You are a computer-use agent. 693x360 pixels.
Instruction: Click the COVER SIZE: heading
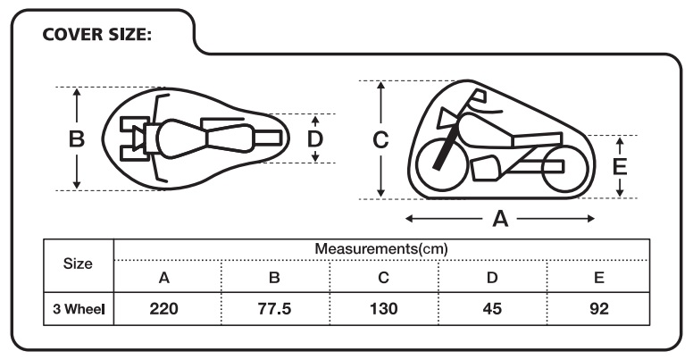pyautogui.click(x=97, y=35)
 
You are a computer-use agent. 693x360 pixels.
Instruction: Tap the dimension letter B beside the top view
pyautogui.click(x=77, y=139)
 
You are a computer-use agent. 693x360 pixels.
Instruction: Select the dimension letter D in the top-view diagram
pyautogui.click(x=315, y=139)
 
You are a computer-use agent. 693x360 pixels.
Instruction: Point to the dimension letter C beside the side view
pyautogui.click(x=380, y=139)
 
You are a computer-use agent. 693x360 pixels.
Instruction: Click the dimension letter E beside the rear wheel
pyautogui.click(x=622, y=166)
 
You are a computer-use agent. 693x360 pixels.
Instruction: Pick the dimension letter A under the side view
pyautogui.click(x=500, y=218)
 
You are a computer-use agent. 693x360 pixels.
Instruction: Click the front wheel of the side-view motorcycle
pyautogui.click(x=441, y=158)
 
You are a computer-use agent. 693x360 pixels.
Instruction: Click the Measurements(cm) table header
pyautogui.click(x=381, y=247)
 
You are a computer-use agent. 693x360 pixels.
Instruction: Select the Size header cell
pyautogui.click(x=78, y=264)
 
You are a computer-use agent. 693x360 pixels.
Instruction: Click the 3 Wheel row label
pyautogui.click(x=78, y=310)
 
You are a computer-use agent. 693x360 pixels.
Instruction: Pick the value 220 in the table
pyautogui.click(x=164, y=310)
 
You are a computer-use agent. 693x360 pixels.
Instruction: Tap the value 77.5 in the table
pyautogui.click(x=274, y=310)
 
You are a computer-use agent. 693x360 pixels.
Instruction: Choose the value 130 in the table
pyautogui.click(x=382, y=310)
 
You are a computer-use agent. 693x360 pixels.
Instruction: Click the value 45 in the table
pyautogui.click(x=491, y=310)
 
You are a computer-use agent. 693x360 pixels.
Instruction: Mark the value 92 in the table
pyautogui.click(x=598, y=310)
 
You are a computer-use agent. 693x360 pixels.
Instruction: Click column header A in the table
pyautogui.click(x=164, y=278)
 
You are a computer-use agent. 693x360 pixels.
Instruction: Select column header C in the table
pyautogui.click(x=382, y=278)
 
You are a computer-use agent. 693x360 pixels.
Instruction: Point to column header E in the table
pyautogui.click(x=598, y=278)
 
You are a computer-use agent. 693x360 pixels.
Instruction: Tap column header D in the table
pyautogui.click(x=491, y=278)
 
